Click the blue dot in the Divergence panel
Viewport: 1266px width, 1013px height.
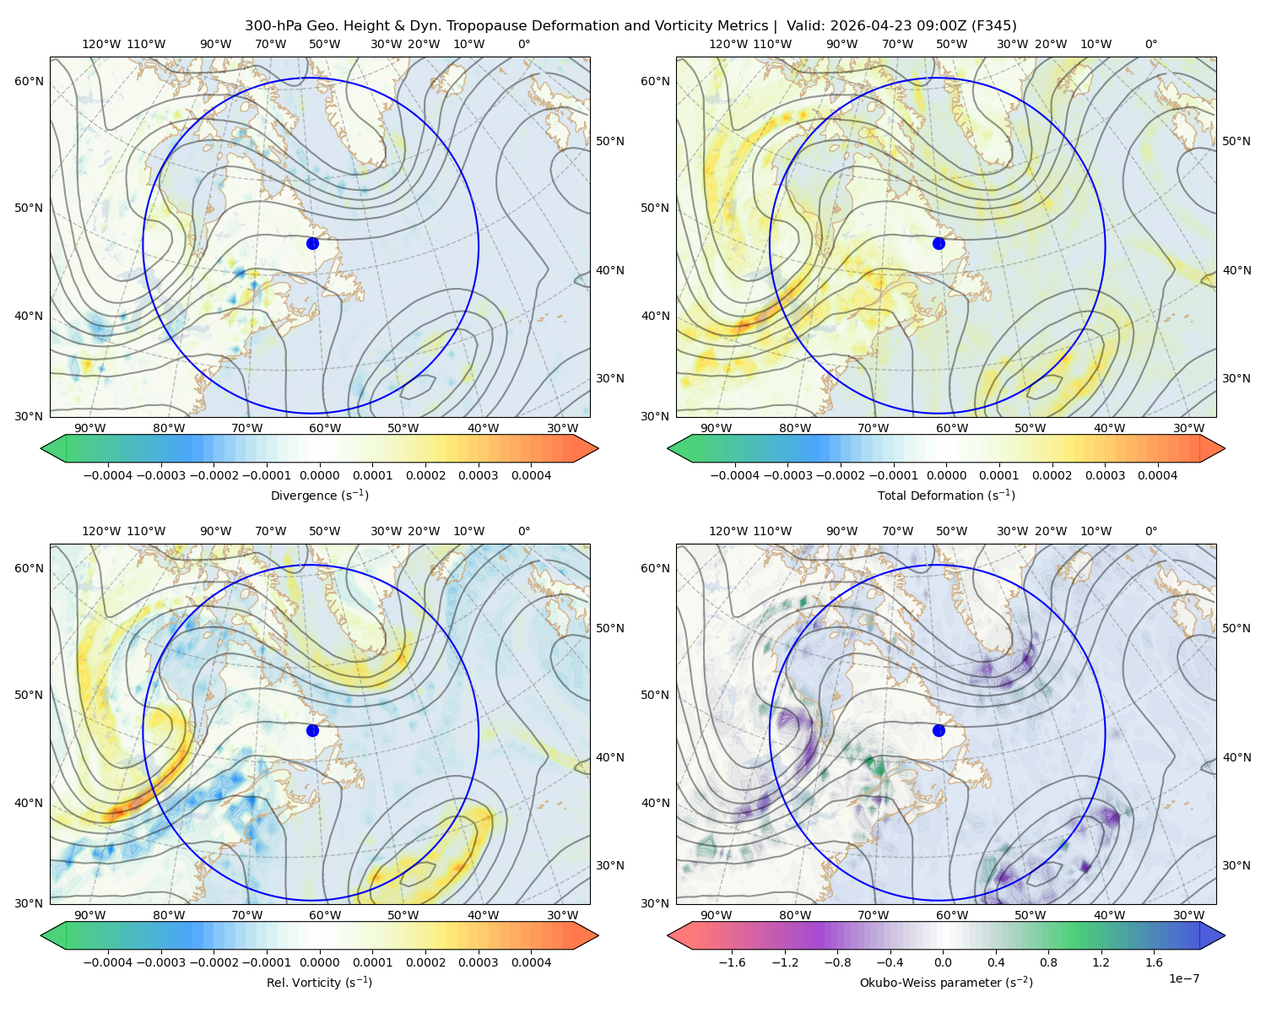coord(312,244)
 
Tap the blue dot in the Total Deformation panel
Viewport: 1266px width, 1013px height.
coord(939,244)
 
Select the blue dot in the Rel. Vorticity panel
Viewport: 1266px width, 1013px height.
coord(312,730)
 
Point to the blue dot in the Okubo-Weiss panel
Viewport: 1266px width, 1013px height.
coord(939,730)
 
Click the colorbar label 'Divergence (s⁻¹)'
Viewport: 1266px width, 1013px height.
coord(319,495)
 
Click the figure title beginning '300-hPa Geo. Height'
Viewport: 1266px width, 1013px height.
coord(630,26)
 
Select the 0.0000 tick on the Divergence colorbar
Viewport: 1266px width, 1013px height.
coord(319,475)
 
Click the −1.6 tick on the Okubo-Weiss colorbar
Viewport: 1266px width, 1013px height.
coord(732,962)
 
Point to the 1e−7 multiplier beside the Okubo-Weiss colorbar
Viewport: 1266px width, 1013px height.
coord(1183,979)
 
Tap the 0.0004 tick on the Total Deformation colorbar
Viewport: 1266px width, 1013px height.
coord(1157,475)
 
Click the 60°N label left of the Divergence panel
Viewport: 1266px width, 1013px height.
coord(29,81)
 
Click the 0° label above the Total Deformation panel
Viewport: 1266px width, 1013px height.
coord(1150,44)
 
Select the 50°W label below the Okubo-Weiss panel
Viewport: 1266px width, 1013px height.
coord(1030,915)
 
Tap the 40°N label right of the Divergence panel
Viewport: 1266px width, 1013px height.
coord(610,270)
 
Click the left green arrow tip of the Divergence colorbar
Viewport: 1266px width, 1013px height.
coord(41,448)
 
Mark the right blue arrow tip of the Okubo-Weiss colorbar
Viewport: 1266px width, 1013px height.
coord(1225,935)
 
